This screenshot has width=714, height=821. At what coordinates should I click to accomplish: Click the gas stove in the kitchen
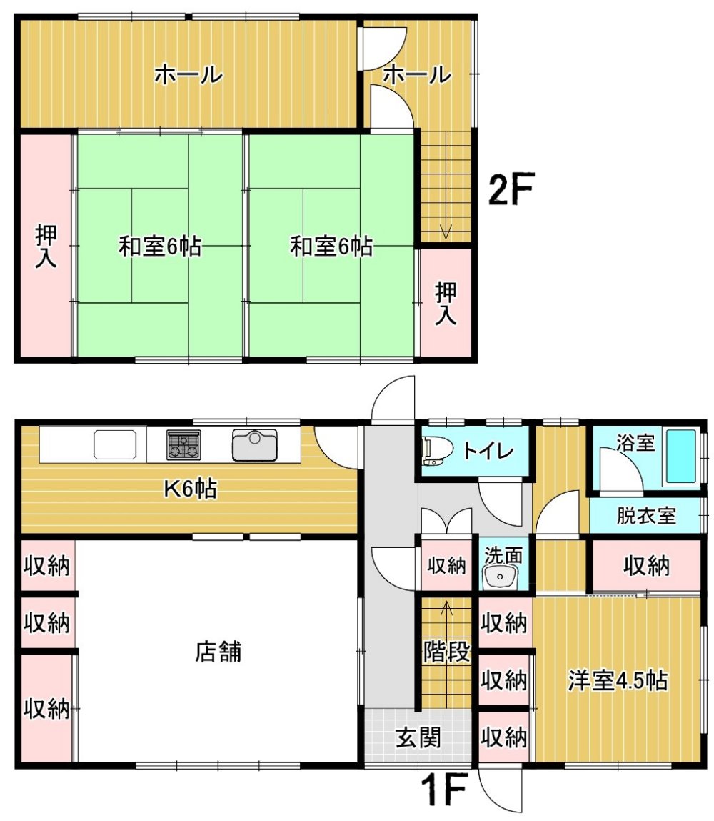point(183,445)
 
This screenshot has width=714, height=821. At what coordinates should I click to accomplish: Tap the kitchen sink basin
point(255,445)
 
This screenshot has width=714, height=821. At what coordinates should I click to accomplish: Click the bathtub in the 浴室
point(680,457)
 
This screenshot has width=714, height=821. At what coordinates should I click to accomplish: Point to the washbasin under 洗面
point(500,577)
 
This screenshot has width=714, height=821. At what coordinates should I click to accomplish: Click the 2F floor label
point(510,189)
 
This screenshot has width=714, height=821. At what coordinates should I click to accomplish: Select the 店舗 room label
point(218,652)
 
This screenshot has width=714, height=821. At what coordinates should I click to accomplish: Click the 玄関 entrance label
point(418,737)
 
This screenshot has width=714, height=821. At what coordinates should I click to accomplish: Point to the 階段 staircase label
point(446,652)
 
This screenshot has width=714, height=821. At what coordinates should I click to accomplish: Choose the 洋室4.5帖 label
point(618,681)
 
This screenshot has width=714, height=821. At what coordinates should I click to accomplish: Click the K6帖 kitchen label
point(191,489)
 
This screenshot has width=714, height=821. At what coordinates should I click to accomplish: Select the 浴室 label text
point(635,443)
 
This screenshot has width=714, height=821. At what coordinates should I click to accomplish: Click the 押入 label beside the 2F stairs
point(446,303)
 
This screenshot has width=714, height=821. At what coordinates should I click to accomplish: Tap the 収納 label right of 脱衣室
point(646,565)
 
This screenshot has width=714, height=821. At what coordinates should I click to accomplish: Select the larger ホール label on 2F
point(188,75)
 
